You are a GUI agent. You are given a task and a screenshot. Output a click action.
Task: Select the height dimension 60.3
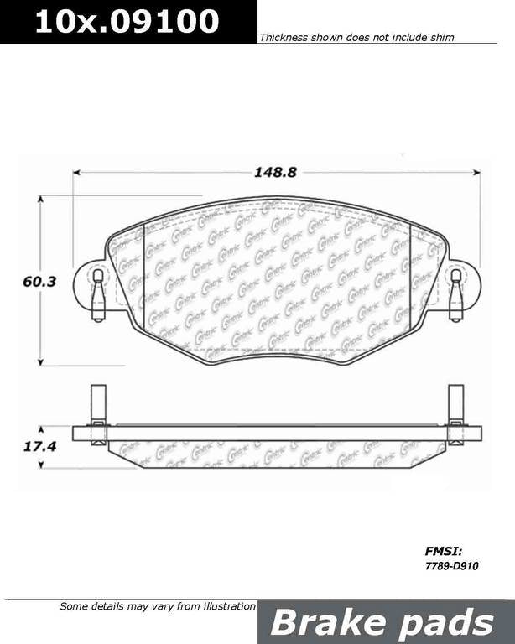39,282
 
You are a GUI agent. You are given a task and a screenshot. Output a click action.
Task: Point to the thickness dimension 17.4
39,447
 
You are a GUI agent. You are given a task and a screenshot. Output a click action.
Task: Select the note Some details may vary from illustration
157,606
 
